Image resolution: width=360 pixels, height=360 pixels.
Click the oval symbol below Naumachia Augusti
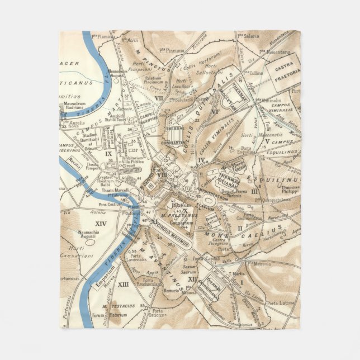point(89,244)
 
